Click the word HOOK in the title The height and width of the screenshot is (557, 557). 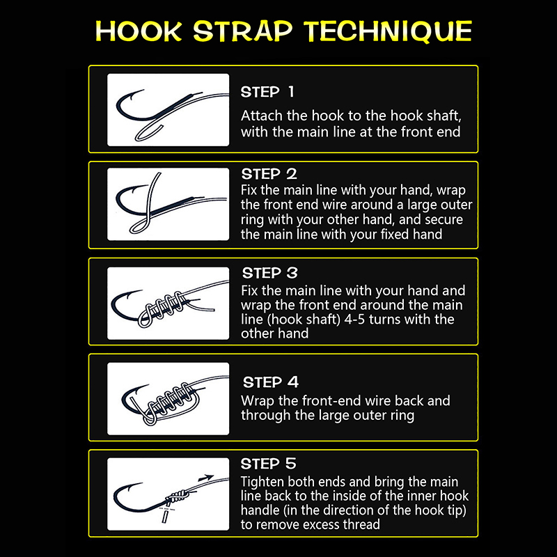click(x=139, y=31)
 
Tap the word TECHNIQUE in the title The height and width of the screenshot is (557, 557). click(x=389, y=31)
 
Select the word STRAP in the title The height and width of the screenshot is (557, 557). click(x=243, y=31)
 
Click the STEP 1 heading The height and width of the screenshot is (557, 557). click(x=267, y=92)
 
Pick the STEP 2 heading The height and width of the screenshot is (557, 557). click(x=269, y=174)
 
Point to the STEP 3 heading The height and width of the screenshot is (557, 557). click(x=270, y=273)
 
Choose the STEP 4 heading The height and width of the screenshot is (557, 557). click(x=271, y=382)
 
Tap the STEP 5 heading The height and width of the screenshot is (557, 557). click(x=268, y=464)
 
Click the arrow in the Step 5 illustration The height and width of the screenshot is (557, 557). click(x=206, y=478)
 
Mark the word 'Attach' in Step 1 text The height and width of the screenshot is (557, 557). click(x=262, y=116)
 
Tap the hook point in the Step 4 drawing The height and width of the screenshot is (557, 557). click(x=148, y=386)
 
